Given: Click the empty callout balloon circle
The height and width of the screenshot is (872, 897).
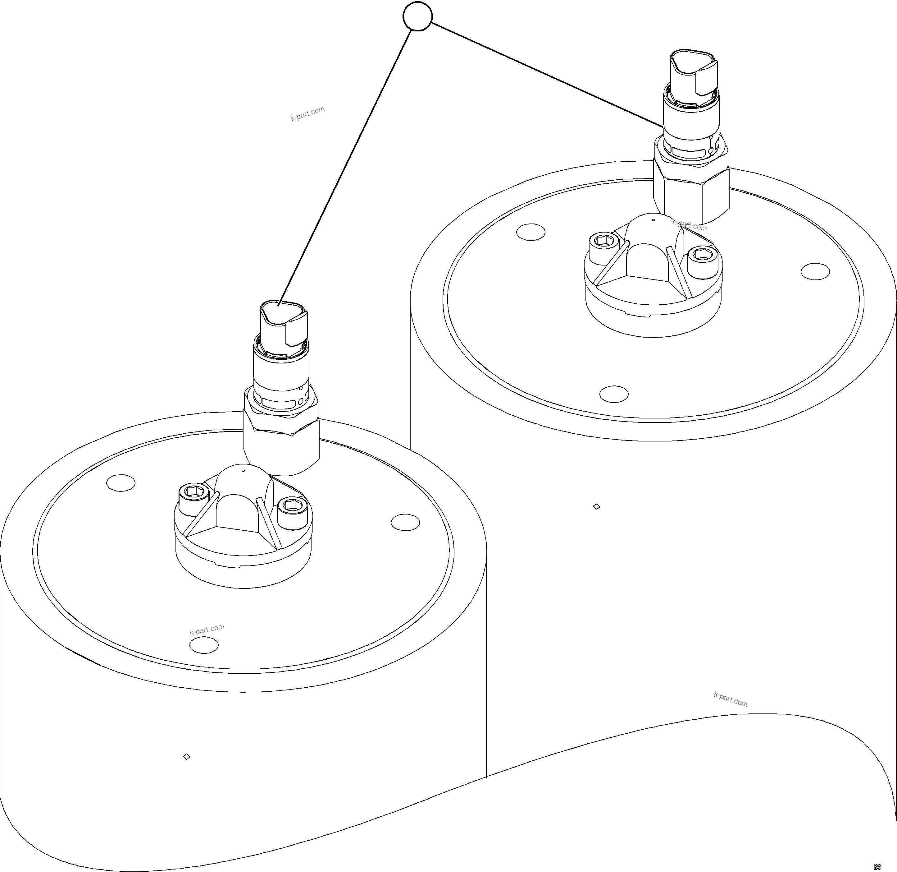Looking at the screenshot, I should tap(417, 17).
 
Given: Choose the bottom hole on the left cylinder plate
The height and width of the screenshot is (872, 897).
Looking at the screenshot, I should tap(204, 645).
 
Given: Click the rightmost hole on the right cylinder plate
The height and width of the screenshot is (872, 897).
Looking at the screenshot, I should tap(815, 271).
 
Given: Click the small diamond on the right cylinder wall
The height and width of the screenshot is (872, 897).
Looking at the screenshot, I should tap(596, 506).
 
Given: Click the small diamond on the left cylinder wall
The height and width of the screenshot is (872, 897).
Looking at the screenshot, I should tap(187, 757).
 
